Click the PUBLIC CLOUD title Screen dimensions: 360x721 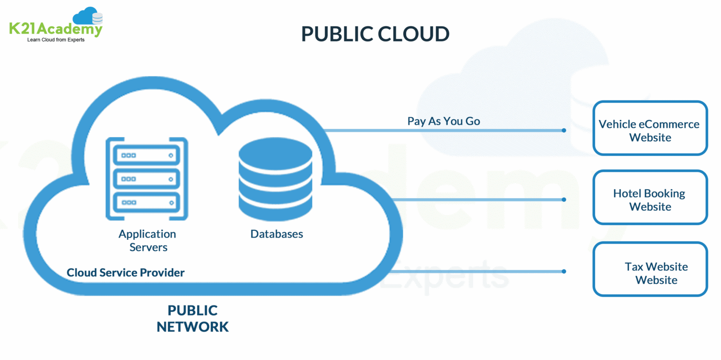375,34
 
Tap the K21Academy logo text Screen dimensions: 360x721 55,29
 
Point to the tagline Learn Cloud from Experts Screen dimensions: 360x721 56,40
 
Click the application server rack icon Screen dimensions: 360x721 147,178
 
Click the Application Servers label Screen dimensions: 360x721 147,240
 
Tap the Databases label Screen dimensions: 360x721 276,234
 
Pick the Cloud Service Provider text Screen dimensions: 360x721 125,273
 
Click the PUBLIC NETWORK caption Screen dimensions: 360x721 192,319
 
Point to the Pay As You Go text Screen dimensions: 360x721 444,121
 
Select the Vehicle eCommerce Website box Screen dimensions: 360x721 650,128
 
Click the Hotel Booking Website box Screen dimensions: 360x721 650,197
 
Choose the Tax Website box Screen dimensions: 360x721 650,269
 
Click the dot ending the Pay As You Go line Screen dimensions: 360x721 564,130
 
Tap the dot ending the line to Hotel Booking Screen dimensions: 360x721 564,199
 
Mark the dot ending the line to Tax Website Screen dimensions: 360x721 564,271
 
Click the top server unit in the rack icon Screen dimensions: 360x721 147,155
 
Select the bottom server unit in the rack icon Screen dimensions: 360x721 147,202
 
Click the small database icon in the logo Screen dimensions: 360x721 98,19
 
